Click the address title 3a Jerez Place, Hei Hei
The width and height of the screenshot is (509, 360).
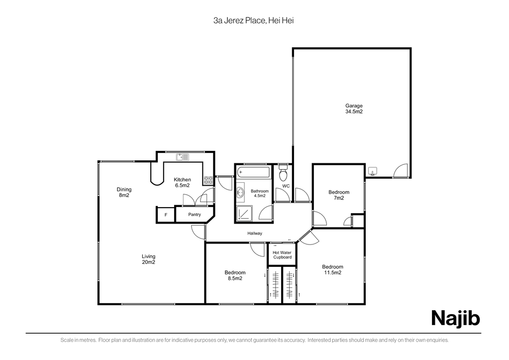coord(254,21)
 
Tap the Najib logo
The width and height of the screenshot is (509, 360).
coord(455,318)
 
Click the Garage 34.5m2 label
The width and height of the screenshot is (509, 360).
coord(354,109)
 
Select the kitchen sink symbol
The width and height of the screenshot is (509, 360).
coord(183,157)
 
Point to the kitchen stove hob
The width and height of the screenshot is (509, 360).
coord(208,180)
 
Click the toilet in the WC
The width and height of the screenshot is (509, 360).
coord(284,173)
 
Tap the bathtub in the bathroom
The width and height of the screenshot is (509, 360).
coord(254,172)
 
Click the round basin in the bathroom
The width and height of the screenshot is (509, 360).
coord(240,192)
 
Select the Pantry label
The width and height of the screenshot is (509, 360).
coord(195,215)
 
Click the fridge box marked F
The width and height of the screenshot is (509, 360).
coord(166,215)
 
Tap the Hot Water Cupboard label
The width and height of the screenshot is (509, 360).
coord(282,255)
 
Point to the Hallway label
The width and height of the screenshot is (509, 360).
coord(255,234)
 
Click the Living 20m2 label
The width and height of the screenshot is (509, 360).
coord(148,259)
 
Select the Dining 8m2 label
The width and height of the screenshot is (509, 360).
coord(124,192)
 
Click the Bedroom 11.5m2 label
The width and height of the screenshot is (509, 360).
coord(333,270)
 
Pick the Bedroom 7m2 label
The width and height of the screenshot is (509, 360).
coord(338,195)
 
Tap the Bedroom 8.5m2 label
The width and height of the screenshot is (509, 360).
coord(235,275)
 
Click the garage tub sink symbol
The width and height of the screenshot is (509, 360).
coord(372,171)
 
